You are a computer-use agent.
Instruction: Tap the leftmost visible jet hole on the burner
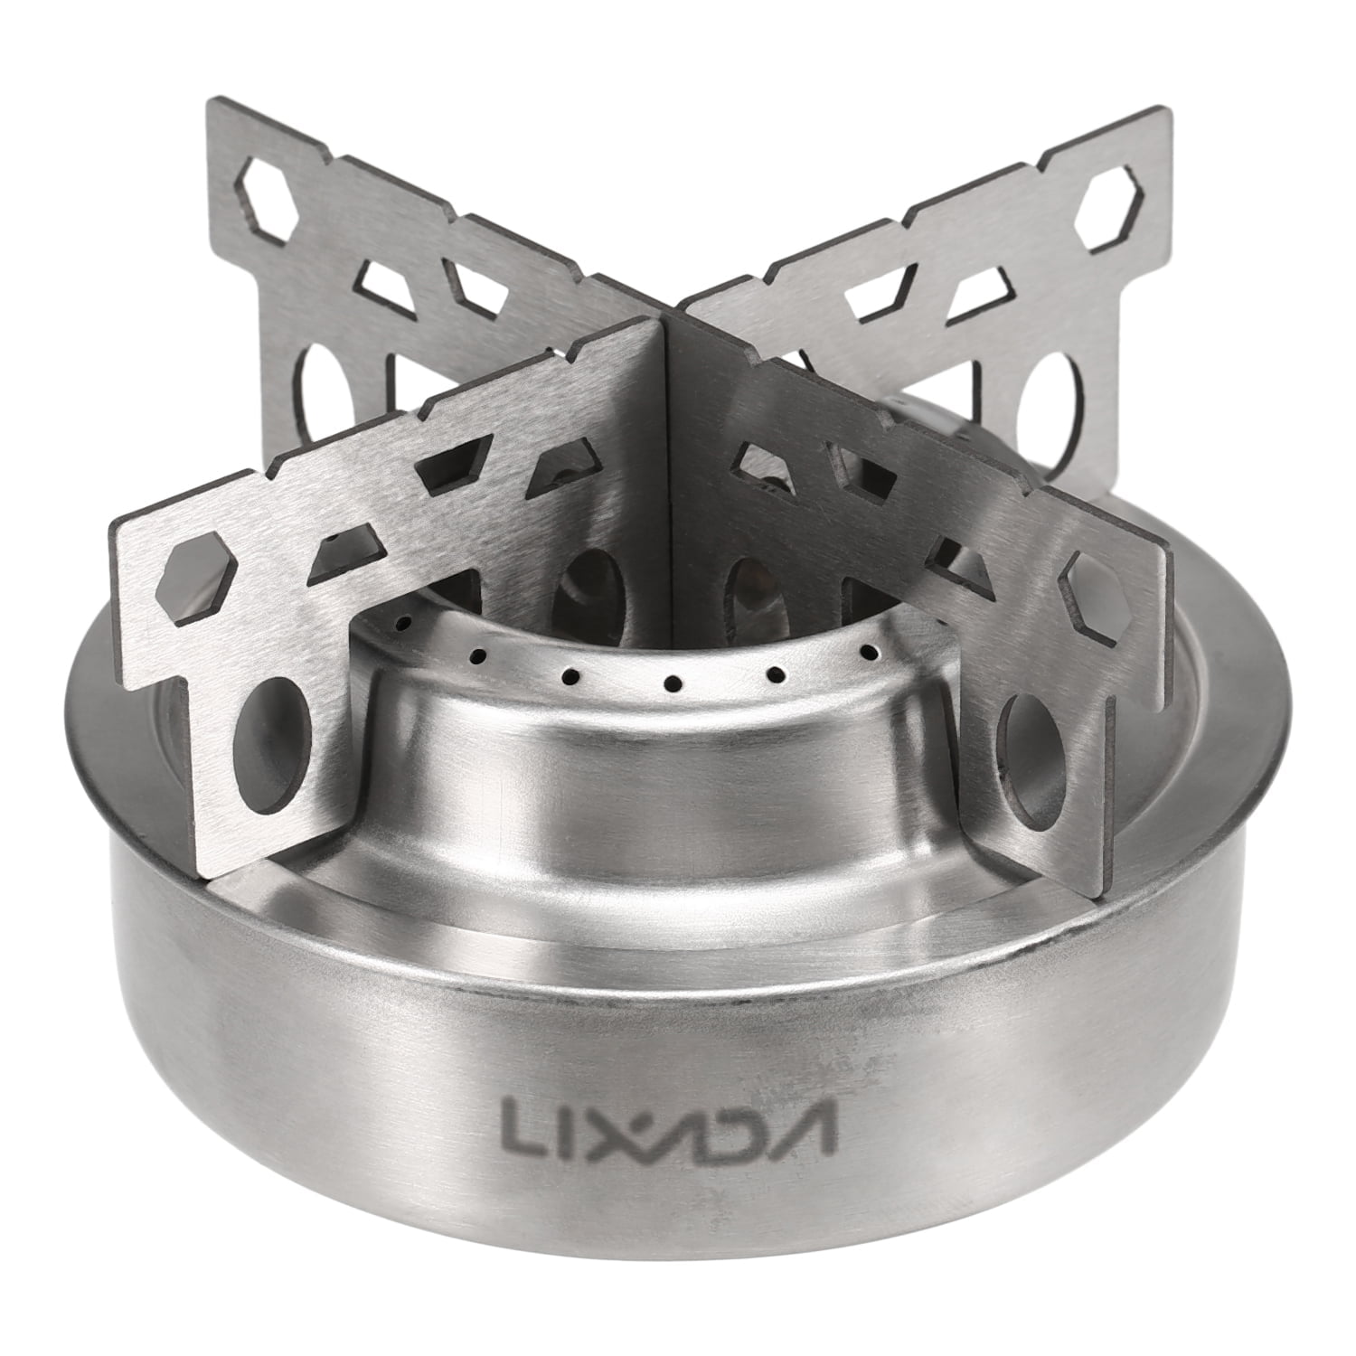point(404,623)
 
